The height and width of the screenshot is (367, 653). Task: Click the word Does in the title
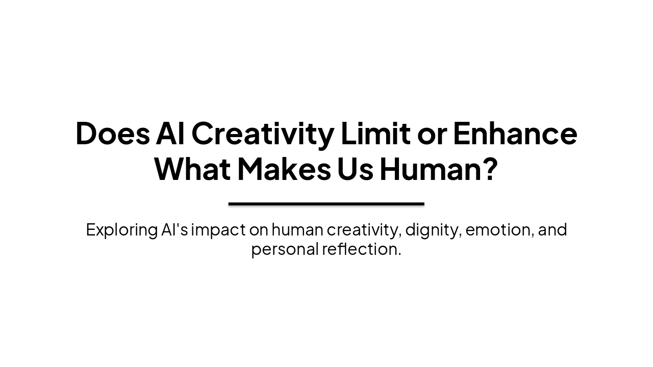(113, 134)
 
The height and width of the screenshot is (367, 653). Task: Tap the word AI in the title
(170, 134)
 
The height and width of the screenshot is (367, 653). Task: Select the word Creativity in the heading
(262, 134)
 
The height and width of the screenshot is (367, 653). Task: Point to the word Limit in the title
(375, 134)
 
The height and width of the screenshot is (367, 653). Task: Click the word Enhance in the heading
(515, 134)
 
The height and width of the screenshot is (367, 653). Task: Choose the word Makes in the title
(284, 170)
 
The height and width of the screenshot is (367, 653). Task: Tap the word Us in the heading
(355, 170)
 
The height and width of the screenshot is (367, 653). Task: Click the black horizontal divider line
(326, 204)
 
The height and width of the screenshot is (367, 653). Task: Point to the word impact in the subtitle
(218, 230)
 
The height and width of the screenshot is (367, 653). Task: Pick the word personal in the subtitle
(284, 249)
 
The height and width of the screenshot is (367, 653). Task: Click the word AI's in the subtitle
(174, 230)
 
